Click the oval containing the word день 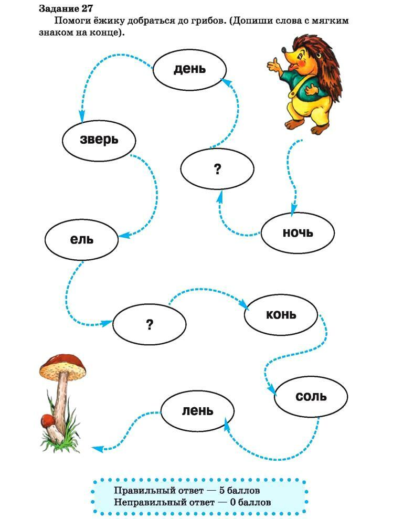tap(189, 70)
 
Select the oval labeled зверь tap(99, 140)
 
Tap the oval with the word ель tap(81, 239)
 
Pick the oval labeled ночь tap(298, 232)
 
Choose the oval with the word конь tap(281, 315)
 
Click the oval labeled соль tap(311, 396)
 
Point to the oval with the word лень tap(197, 410)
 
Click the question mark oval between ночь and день tap(217, 169)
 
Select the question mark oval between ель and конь tap(150, 325)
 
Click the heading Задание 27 tap(66, 9)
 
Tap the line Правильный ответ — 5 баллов tap(186, 491)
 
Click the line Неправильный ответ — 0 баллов tap(192, 502)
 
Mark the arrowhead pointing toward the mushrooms tap(96, 448)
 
